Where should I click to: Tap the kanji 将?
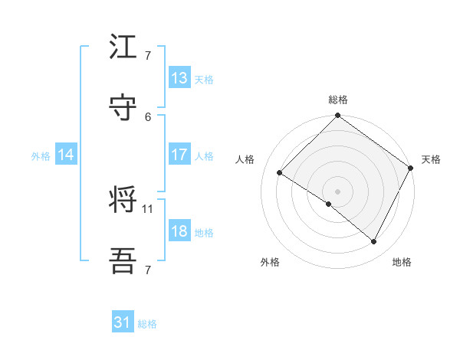click(x=123, y=201)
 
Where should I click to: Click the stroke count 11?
click(x=149, y=208)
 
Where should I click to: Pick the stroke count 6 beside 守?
click(x=148, y=116)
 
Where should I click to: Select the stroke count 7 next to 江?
click(x=148, y=55)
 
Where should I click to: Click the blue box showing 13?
click(x=179, y=78)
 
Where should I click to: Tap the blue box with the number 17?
click(x=179, y=155)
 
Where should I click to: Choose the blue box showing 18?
click(x=179, y=231)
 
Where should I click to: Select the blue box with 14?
click(x=66, y=155)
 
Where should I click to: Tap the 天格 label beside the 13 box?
click(x=204, y=79)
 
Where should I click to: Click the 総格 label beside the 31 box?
click(x=147, y=324)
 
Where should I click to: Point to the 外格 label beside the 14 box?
click(x=41, y=155)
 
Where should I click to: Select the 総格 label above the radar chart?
click(x=338, y=100)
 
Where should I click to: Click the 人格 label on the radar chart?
click(x=245, y=159)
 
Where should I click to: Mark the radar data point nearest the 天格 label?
click(x=411, y=169)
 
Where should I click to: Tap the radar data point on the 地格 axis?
click(x=374, y=242)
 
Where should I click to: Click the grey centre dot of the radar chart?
click(x=338, y=191)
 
